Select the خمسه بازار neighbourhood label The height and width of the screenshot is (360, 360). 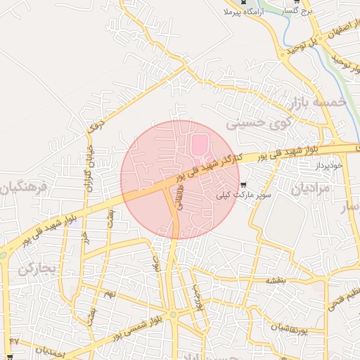point(316,104)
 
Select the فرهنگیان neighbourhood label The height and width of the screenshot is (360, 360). point(23,188)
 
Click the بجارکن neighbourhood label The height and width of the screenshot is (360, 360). point(36,269)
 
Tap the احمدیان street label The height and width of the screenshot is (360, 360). point(49,349)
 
